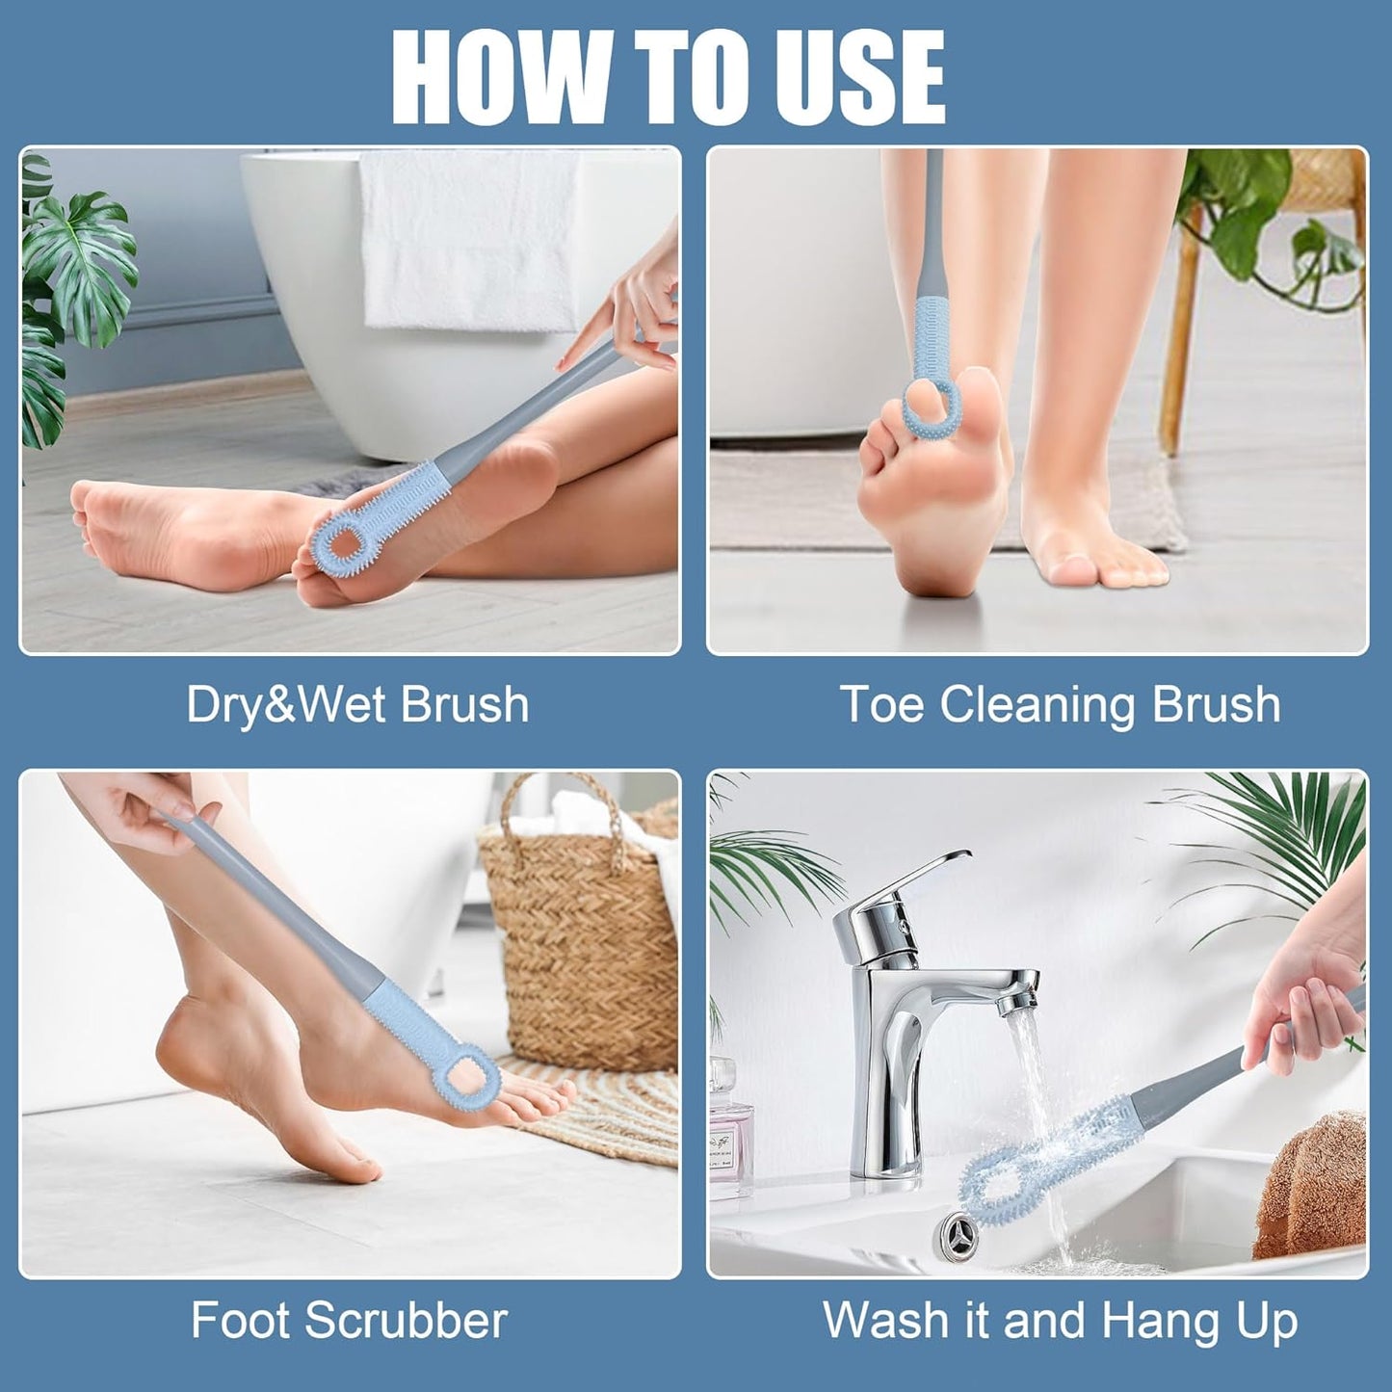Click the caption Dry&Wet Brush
pos(357,704)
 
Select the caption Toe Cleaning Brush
pos(1060,704)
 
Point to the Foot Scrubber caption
pos(349,1320)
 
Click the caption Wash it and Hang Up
pos(1060,1320)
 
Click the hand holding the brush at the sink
pos(1300,1002)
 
